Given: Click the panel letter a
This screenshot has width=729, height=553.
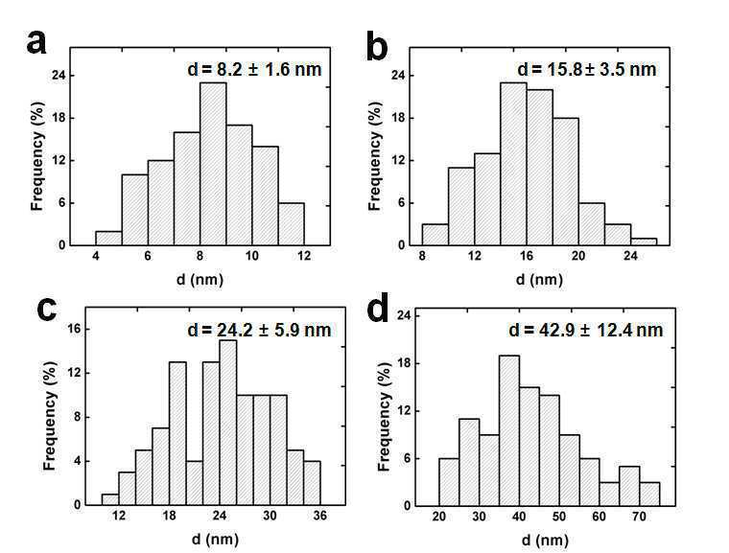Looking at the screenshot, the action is [x=36, y=42].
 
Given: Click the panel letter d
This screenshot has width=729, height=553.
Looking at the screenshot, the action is [x=378, y=310].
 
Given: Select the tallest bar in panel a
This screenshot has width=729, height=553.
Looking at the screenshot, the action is [x=213, y=164].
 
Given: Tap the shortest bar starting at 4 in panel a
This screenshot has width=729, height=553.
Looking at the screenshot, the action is [x=108, y=239].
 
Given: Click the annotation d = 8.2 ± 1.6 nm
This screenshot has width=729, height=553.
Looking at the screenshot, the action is [x=255, y=70].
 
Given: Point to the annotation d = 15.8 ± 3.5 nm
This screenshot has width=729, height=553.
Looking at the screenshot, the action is [x=587, y=70].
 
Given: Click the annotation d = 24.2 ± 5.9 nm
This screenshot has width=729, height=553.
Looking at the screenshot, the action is [x=259, y=330].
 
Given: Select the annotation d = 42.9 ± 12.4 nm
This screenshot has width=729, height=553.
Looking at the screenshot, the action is [x=586, y=330].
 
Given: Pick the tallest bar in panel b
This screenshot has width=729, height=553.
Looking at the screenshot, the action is [x=514, y=164].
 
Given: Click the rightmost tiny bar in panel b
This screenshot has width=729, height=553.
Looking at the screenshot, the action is [x=644, y=242].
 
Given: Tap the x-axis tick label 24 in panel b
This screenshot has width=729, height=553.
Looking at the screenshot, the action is [x=631, y=256].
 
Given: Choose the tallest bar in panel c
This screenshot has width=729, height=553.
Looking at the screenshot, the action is [x=228, y=423].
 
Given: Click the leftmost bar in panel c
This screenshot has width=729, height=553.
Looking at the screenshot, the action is [x=110, y=499].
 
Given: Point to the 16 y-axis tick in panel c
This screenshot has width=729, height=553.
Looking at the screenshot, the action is [x=75, y=330].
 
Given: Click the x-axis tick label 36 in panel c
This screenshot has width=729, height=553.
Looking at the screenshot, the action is [x=319, y=516].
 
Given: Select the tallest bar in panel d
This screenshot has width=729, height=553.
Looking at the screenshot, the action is [x=509, y=430].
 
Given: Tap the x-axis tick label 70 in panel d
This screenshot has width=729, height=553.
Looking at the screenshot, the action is [x=639, y=517].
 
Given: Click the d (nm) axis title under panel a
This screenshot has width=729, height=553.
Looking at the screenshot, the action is [x=200, y=280].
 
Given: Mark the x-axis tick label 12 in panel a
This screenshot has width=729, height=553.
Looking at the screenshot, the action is [x=304, y=256].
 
